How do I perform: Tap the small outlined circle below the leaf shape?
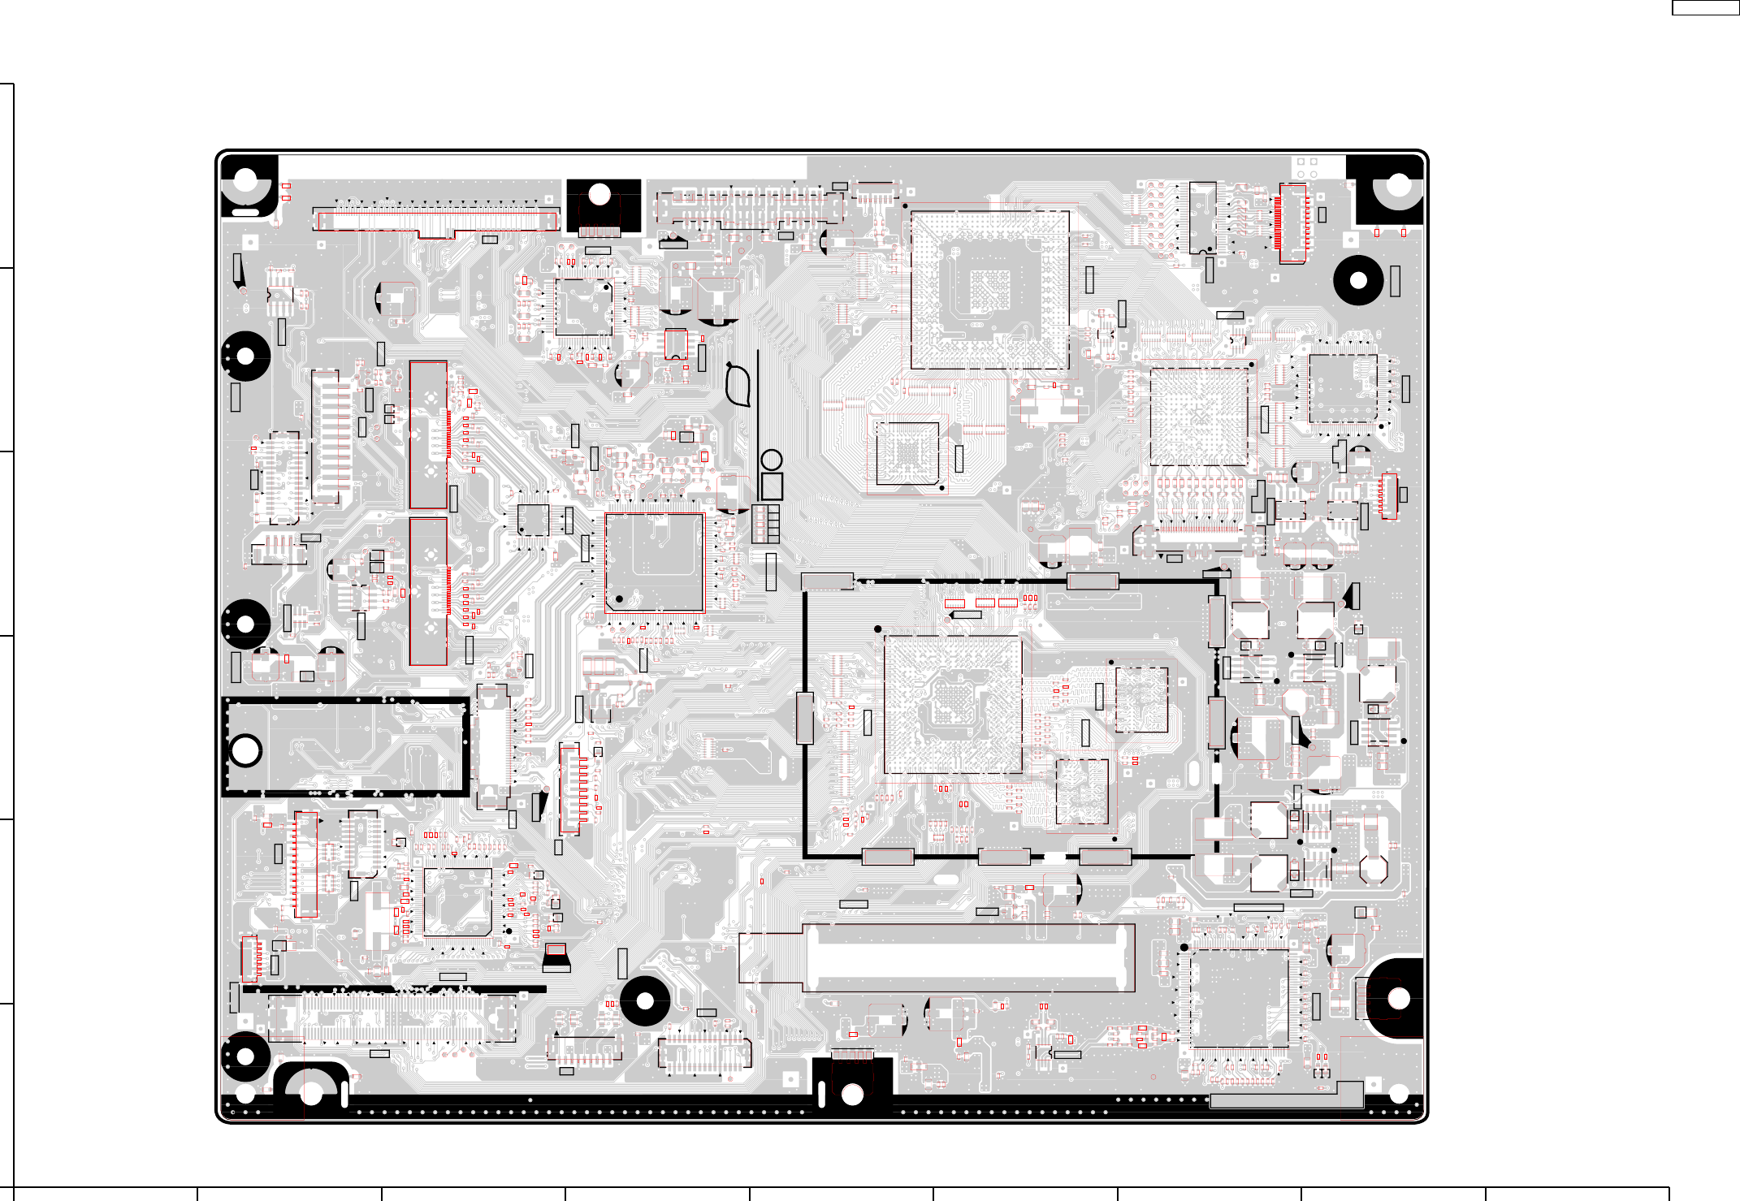point(772,460)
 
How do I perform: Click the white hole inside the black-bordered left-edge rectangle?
point(245,750)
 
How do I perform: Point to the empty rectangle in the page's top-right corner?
point(1705,7)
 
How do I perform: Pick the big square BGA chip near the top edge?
point(989,290)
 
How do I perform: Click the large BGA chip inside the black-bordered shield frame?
point(952,704)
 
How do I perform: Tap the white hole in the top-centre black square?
point(599,195)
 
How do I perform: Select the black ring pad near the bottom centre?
point(645,1001)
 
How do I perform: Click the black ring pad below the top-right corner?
point(1358,281)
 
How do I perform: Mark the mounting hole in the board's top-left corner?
point(245,180)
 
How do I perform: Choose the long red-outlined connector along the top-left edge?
point(437,221)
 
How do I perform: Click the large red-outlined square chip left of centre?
point(654,562)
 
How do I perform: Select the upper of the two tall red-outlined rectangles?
point(428,435)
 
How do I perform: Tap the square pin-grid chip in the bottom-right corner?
point(1234,998)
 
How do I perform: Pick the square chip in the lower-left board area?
point(457,902)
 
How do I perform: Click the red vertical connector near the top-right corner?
point(1292,223)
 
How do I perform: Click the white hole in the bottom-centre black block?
point(852,1095)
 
